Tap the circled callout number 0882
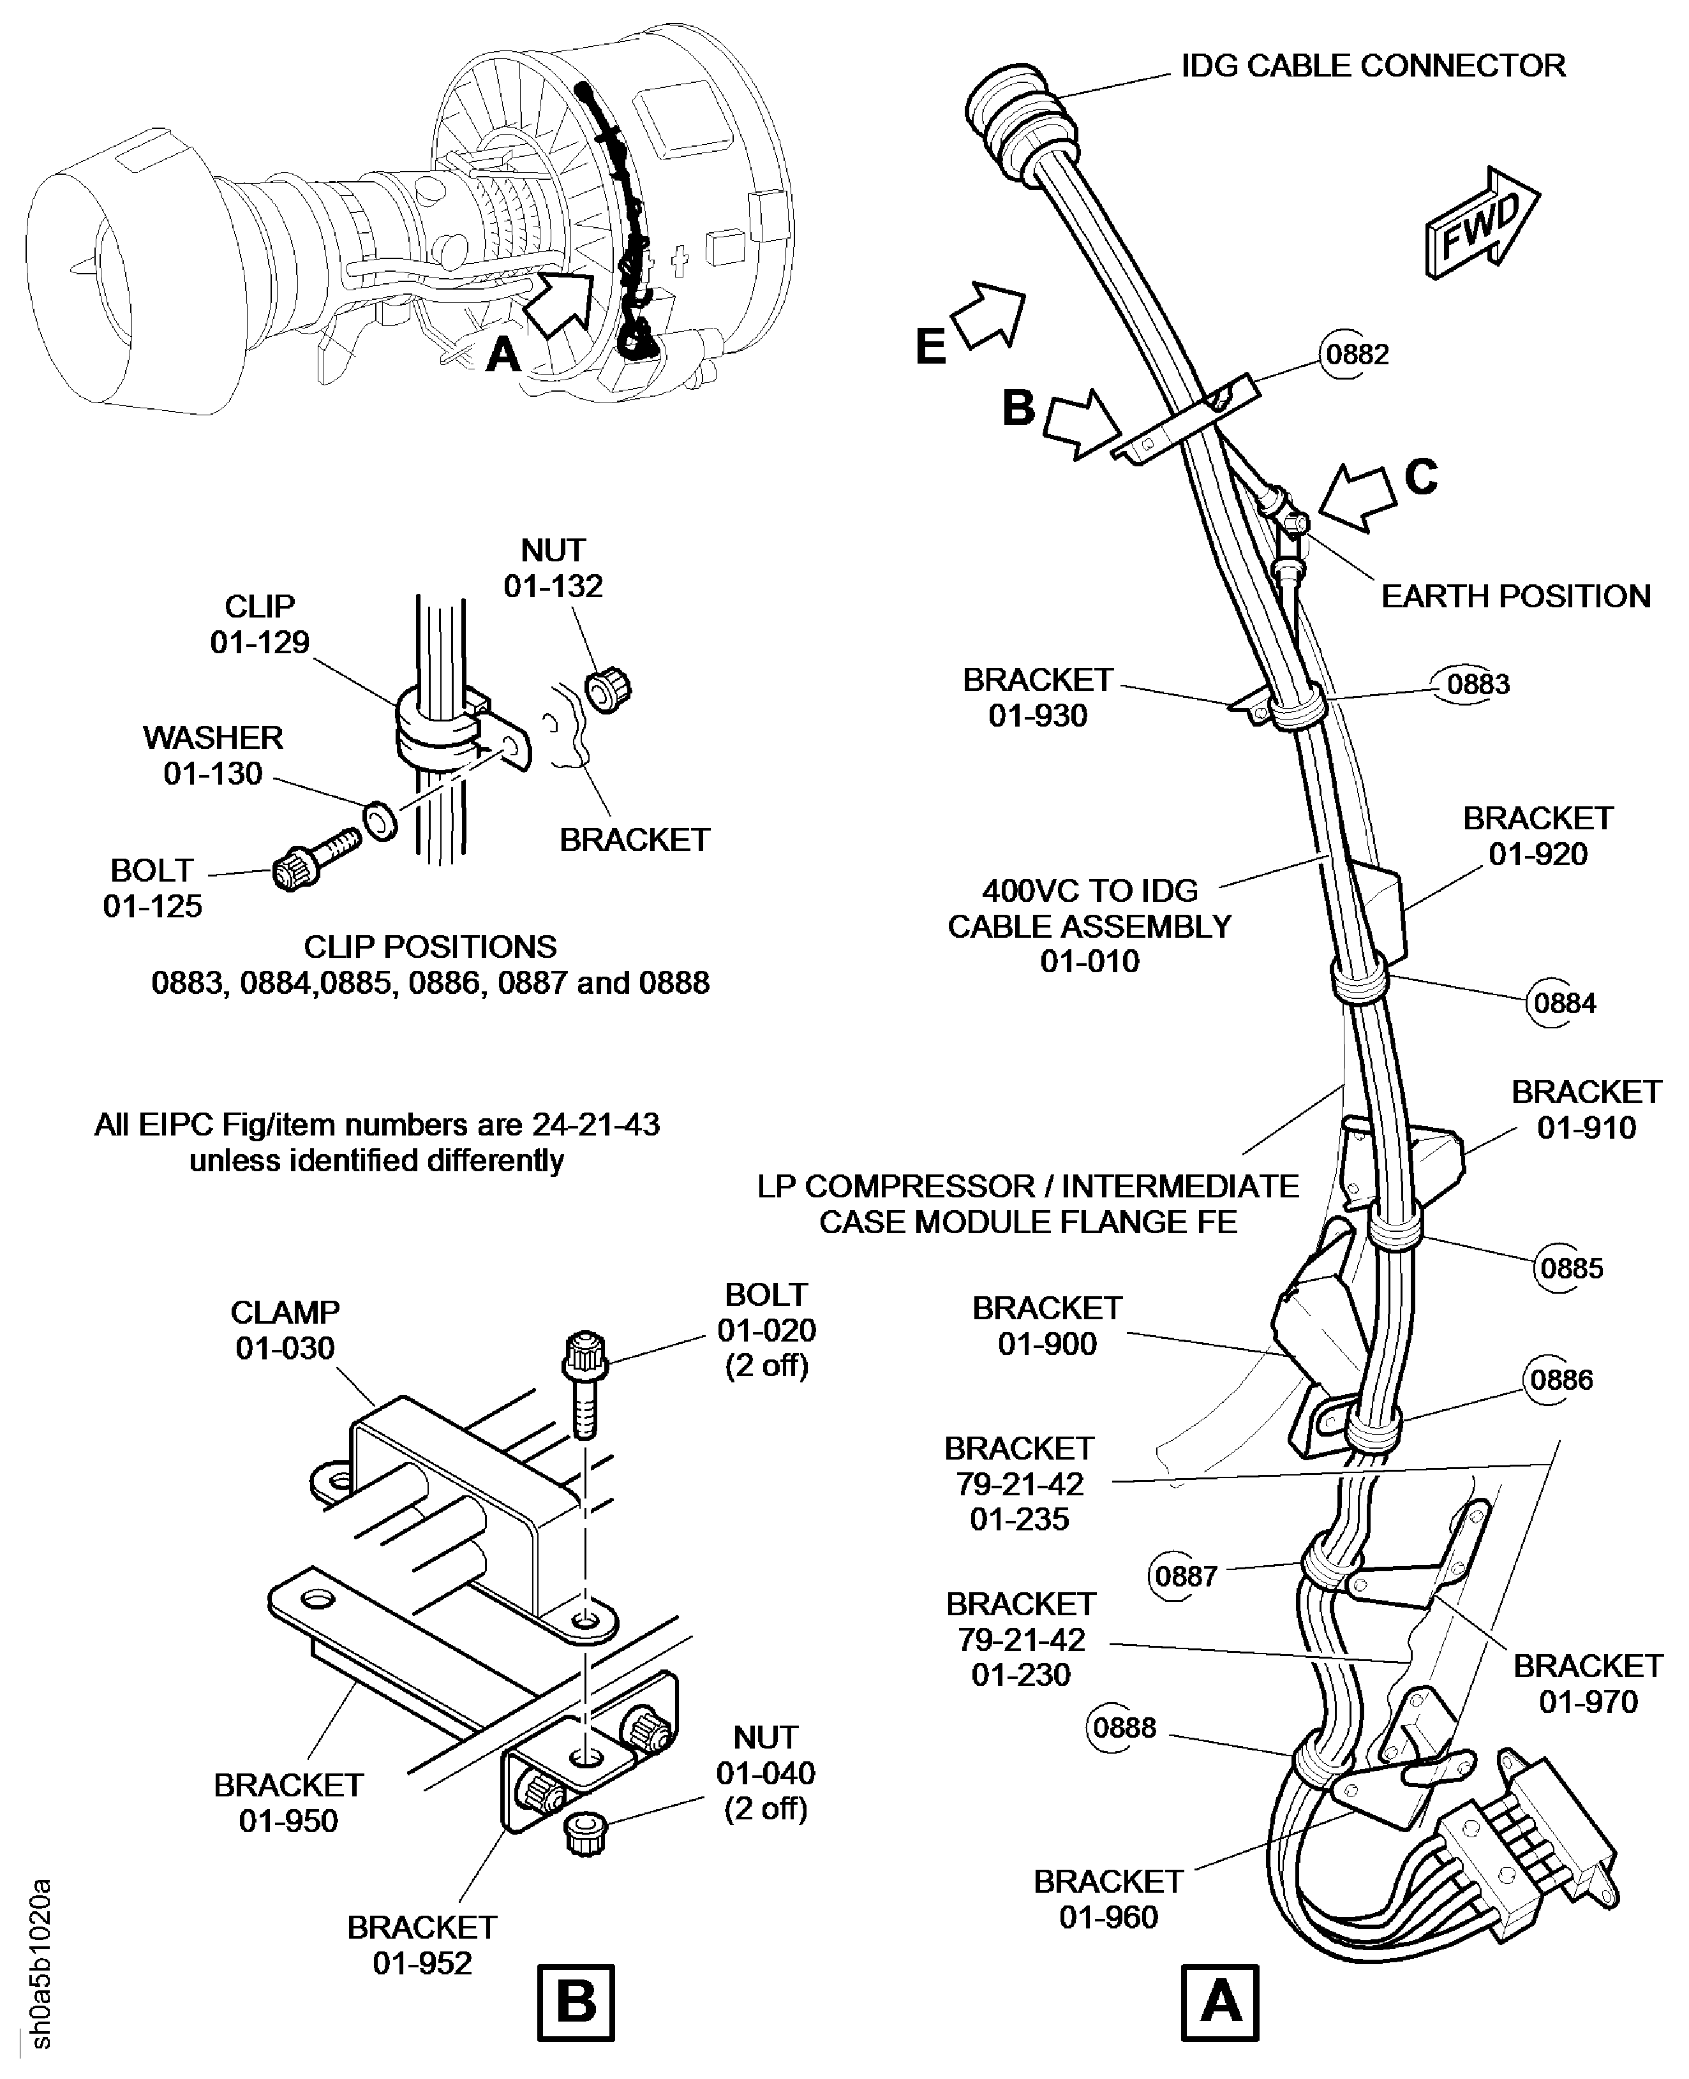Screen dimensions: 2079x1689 click(x=1357, y=354)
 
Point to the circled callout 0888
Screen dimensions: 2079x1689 click(x=1124, y=1727)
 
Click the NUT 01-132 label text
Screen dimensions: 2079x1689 click(x=553, y=568)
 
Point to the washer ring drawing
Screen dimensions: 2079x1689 click(x=380, y=820)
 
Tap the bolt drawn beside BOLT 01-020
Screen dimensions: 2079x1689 click(x=584, y=1382)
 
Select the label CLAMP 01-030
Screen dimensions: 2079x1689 click(x=284, y=1330)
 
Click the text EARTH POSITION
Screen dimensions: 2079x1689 click(x=1515, y=596)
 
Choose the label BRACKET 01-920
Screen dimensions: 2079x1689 click(x=1537, y=836)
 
